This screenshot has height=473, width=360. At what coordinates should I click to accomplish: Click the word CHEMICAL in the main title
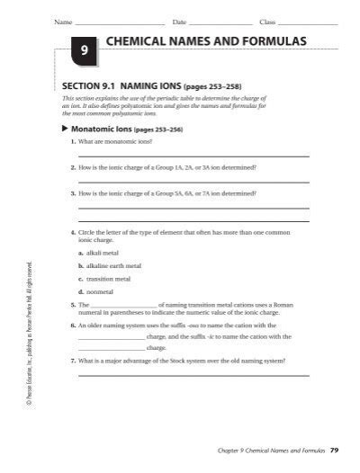pyautogui.click(x=137, y=41)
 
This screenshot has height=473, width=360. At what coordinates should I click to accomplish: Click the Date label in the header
pyautogui.click(x=178, y=21)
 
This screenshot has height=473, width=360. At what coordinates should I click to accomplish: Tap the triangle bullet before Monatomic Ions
pyautogui.click(x=65, y=129)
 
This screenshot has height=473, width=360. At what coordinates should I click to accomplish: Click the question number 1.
pyautogui.click(x=72, y=142)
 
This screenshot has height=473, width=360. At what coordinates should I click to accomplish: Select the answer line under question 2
pyautogui.click(x=193, y=182)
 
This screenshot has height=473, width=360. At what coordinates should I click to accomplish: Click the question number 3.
pyautogui.click(x=72, y=192)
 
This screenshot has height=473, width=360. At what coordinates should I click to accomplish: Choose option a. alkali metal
pyautogui.click(x=99, y=253)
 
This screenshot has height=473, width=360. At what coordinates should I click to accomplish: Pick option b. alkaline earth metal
pyautogui.click(x=110, y=266)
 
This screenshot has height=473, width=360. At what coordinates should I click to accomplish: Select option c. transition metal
pyautogui.click(x=103, y=279)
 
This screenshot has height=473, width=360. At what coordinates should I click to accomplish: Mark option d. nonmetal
pyautogui.click(x=94, y=291)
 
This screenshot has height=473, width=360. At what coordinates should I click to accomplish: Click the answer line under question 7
pyautogui.click(x=193, y=374)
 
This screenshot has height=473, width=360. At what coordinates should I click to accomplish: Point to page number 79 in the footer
pyautogui.click(x=334, y=449)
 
